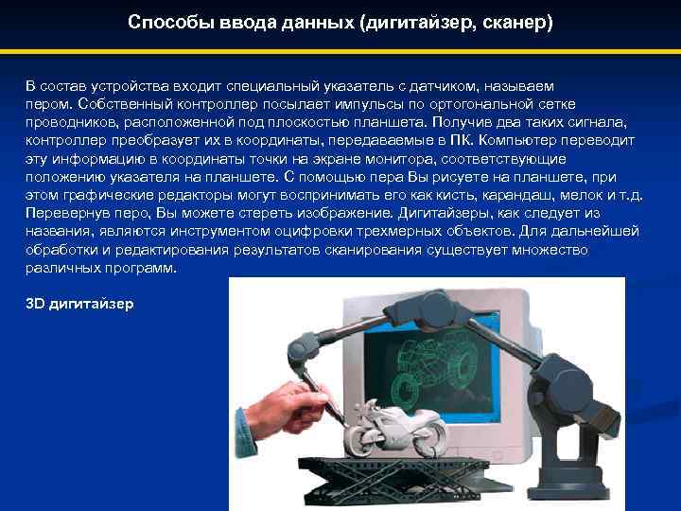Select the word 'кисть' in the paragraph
[x=481, y=195]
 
